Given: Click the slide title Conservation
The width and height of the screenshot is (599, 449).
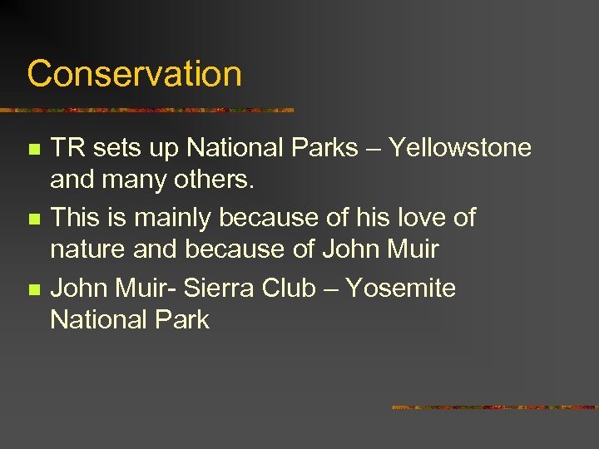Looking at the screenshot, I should click(134, 73).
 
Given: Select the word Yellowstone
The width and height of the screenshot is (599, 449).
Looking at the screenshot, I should click(460, 148).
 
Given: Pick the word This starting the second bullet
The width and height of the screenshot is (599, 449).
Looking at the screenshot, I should click(77, 218).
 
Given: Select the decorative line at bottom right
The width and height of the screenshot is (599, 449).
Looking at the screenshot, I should click(494, 407).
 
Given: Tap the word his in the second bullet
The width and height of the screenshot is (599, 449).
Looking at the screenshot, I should click(369, 218).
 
